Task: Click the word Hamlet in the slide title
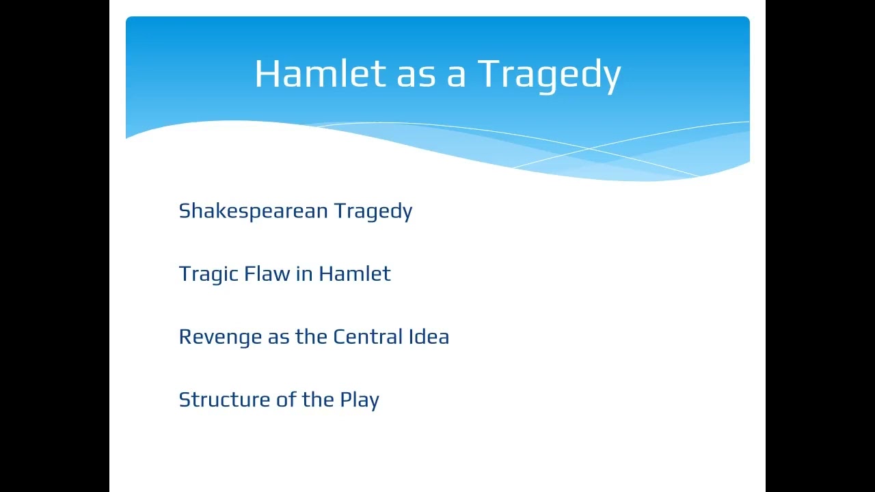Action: (320, 73)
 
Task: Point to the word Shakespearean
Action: (254, 211)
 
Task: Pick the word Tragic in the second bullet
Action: (204, 274)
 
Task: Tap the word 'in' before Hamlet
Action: (304, 273)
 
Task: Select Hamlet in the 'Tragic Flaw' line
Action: (355, 273)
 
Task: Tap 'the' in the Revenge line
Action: (311, 336)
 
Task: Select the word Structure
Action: (224, 400)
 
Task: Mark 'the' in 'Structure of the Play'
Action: (318, 399)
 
